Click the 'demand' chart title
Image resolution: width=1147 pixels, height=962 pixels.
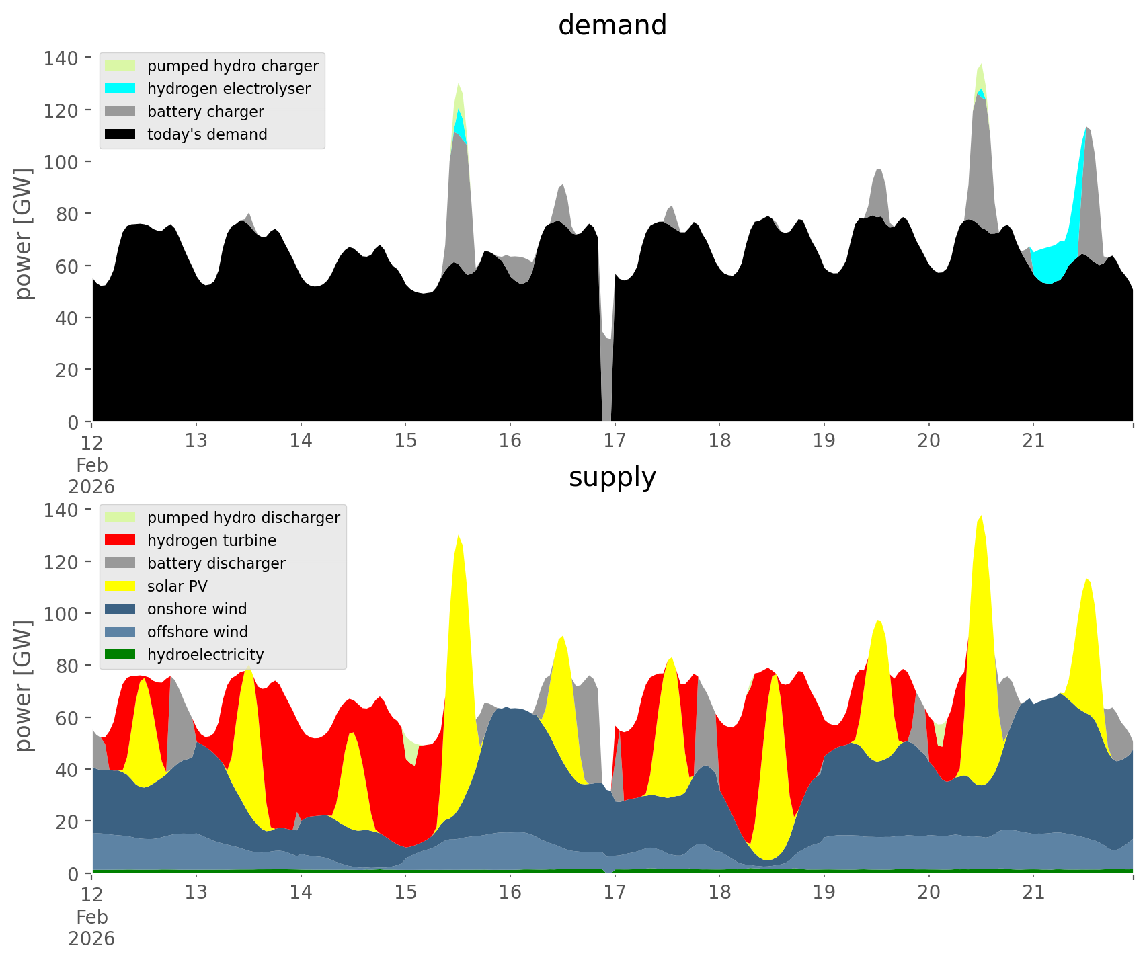[x=612, y=26]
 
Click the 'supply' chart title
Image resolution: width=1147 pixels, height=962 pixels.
[x=612, y=477]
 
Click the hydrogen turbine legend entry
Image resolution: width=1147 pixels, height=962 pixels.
[x=211, y=540]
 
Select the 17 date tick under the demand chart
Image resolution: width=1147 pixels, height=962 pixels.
[x=615, y=441]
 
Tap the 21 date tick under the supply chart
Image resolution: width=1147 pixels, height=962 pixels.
[x=1033, y=893]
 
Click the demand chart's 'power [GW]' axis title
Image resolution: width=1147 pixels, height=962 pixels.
[x=24, y=234]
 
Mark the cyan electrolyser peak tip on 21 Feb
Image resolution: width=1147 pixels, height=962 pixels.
[x=1085, y=127]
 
